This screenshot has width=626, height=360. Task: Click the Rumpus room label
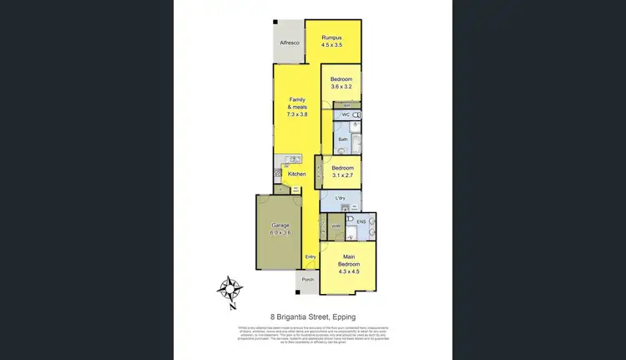332,37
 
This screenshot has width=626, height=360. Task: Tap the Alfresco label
290,42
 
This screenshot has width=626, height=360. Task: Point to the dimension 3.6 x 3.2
341,85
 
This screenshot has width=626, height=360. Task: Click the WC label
344,114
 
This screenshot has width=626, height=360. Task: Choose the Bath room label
342,139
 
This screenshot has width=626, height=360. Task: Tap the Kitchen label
297,174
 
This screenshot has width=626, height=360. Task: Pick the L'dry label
340,197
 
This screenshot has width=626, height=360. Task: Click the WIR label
336,226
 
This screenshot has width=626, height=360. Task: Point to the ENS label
362,222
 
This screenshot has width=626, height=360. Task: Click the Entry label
310,256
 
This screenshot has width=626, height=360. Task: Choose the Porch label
307,280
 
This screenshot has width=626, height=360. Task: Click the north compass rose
230,290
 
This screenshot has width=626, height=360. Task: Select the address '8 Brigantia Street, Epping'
313,317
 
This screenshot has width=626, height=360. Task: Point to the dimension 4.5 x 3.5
332,44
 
